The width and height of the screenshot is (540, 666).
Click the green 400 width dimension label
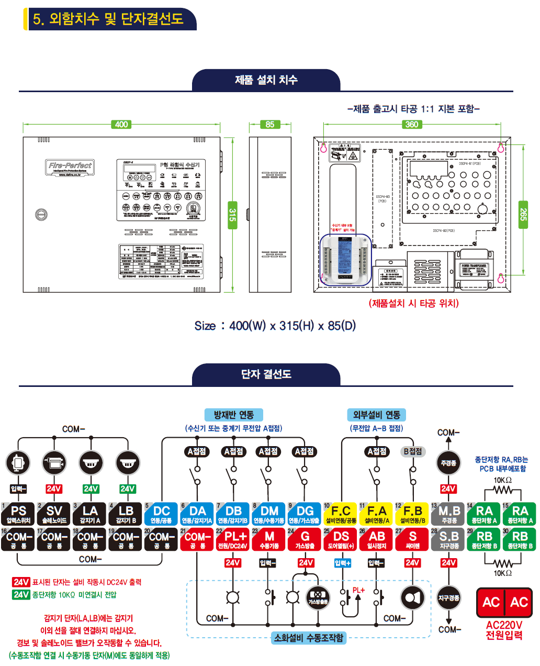tap(121, 125)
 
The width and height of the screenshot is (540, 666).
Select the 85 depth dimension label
tap(269, 125)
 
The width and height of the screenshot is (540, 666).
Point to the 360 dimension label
tap(412, 125)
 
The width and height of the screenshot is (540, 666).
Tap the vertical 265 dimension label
tap(523, 214)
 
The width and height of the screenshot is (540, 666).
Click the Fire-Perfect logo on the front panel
tap(70, 167)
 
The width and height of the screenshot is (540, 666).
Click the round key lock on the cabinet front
tap(41, 214)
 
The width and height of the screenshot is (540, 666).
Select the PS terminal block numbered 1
tap(18, 514)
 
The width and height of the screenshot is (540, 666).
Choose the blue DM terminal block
tap(269, 514)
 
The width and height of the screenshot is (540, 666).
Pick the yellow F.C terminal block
tap(341, 514)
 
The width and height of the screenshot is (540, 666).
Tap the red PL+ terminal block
tap(233, 539)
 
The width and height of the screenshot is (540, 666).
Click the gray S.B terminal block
tap(448, 539)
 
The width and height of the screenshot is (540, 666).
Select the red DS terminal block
tap(341, 539)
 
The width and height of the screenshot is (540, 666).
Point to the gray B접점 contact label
tap(413, 451)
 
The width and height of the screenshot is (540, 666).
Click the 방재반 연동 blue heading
tap(233, 415)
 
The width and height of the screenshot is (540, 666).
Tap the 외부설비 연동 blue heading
tap(377, 415)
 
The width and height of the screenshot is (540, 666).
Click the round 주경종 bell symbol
tap(448, 463)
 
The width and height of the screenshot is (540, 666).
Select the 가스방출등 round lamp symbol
tap(318, 598)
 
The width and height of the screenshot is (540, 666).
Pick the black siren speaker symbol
tap(412, 598)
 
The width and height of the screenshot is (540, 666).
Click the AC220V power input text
tap(504, 630)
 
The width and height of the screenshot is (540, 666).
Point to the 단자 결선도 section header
tap(266, 374)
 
